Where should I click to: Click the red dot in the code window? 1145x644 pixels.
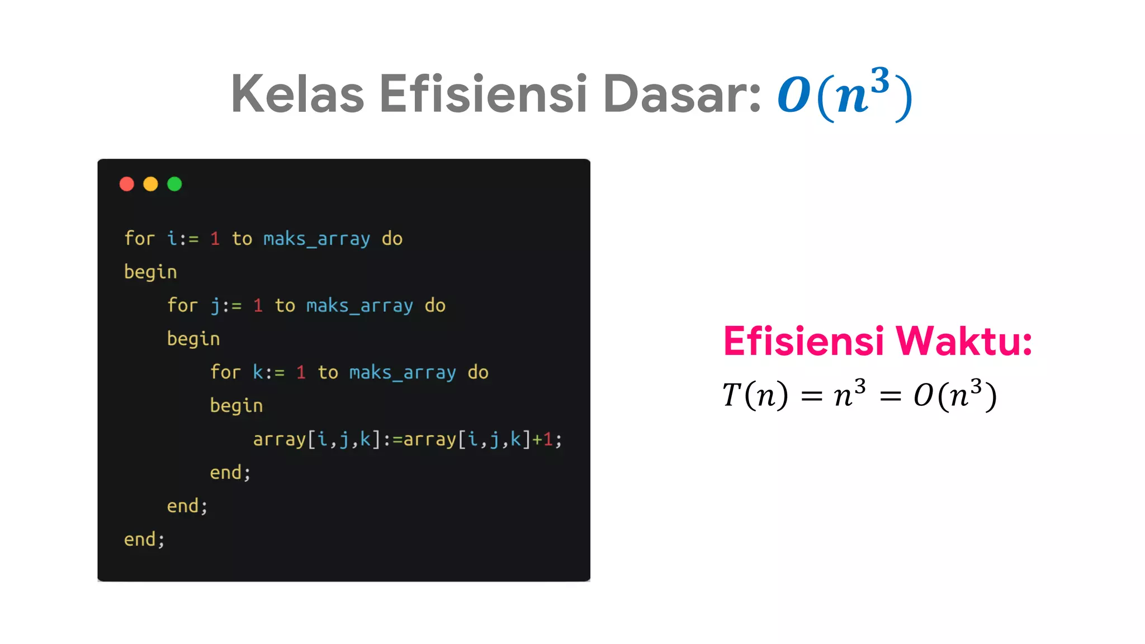click(127, 184)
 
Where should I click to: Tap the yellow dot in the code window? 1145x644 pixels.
click(150, 184)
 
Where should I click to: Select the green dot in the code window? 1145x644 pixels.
click(174, 184)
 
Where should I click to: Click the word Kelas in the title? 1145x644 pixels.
click(297, 94)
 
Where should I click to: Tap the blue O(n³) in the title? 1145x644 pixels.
click(845, 94)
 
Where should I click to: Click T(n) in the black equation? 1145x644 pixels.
click(755, 395)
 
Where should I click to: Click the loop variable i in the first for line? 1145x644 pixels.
click(172, 239)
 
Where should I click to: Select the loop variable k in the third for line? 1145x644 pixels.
click(258, 372)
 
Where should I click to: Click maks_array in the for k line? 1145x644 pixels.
click(403, 372)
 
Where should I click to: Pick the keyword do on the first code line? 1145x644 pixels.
click(392, 239)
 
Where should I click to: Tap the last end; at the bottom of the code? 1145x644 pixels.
click(144, 539)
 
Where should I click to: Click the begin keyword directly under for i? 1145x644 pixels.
click(150, 272)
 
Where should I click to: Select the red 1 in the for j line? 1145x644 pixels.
click(258, 306)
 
